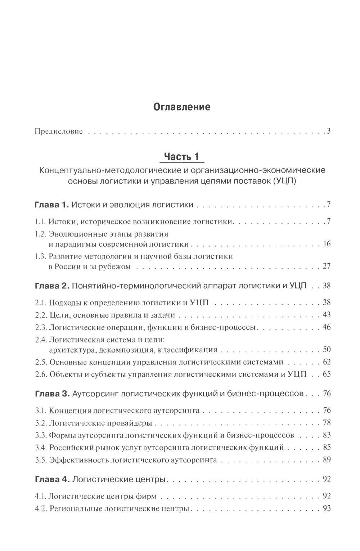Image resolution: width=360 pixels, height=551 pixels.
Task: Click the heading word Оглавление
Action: pyautogui.click(x=182, y=107)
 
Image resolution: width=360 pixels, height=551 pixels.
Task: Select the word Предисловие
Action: pyautogui.click(x=59, y=131)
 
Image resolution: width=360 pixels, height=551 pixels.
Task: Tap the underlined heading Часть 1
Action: pyautogui.click(x=181, y=156)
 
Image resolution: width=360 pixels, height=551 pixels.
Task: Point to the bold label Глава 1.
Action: pyautogui.click(x=51, y=205)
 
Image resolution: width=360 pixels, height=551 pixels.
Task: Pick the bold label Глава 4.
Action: pyautogui.click(x=51, y=479)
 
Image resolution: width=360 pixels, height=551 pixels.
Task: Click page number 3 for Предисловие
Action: pyautogui.click(x=329, y=131)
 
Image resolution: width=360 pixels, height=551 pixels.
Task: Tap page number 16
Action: pyautogui.click(x=327, y=244)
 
